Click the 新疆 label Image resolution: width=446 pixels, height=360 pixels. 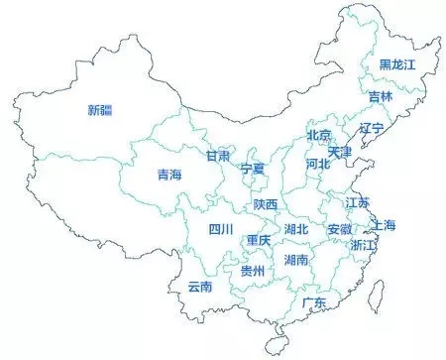tap(99, 109)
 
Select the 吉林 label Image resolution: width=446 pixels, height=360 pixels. tap(381, 96)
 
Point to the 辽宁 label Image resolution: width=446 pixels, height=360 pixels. tap(372, 128)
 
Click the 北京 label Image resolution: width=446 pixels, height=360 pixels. tap(318, 135)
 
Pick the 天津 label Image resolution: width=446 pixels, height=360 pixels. tap(340, 152)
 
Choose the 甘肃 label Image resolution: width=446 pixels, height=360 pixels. tap(218, 156)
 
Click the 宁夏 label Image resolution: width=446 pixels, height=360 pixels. tap(254, 169)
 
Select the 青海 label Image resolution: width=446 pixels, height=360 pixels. tap(169, 175)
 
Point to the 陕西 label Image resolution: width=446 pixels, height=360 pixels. tap(265, 203)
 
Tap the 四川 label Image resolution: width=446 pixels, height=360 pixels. tap(220, 229)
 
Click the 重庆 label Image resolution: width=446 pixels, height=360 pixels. tap(259, 240)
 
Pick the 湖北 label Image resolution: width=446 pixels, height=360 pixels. tap(296, 229)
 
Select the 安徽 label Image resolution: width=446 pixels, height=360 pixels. tap(339, 229)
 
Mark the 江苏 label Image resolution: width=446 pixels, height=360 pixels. tap(357, 202)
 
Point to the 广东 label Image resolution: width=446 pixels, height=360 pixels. tap(315, 301)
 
